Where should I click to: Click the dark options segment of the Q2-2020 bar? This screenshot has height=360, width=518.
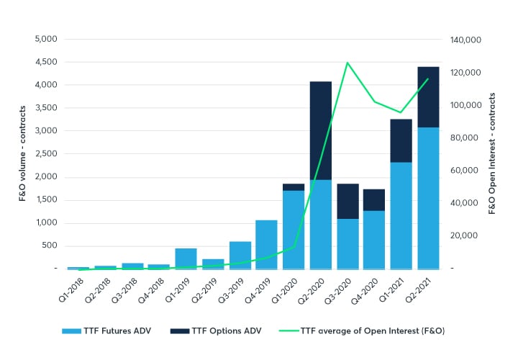(321, 130)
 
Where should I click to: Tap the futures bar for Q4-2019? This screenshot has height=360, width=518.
(266, 244)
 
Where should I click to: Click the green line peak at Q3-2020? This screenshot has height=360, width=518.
(347, 63)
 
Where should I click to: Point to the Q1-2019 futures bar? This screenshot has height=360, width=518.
(186, 258)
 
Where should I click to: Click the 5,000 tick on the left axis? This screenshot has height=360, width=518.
(46, 39)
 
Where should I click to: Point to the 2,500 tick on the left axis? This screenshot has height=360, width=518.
(46, 154)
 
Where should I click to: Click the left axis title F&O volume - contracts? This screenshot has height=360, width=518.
(22, 154)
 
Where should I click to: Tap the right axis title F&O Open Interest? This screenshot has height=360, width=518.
(493, 154)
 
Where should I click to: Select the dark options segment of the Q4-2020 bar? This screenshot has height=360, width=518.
(374, 200)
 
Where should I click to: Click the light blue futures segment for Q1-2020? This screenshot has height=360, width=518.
(294, 230)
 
